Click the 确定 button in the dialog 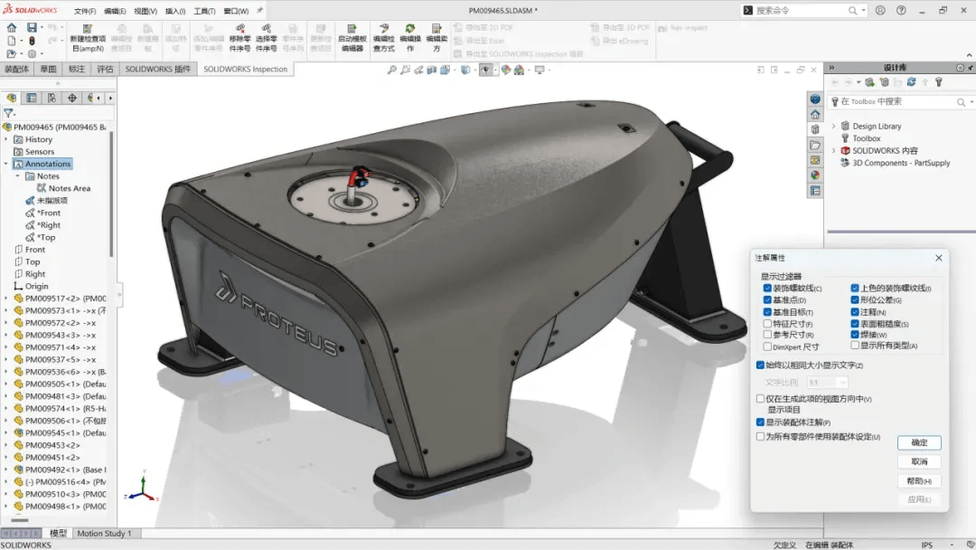coord(919,442)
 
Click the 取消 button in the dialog coord(919,461)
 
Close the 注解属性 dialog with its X coord(938,258)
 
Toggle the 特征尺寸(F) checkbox coord(767,323)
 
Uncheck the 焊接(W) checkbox coord(855,335)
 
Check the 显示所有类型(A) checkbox coord(855,346)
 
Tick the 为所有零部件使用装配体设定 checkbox coord(760,436)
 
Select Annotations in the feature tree coord(48,164)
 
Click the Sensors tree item coord(40,152)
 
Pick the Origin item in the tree coord(37,286)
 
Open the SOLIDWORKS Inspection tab coord(244,69)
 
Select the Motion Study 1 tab coord(104,533)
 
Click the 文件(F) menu coord(84,11)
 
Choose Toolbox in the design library coord(866,138)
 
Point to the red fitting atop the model coord(359,173)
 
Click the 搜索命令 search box coord(800,10)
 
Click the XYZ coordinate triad coord(139,489)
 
